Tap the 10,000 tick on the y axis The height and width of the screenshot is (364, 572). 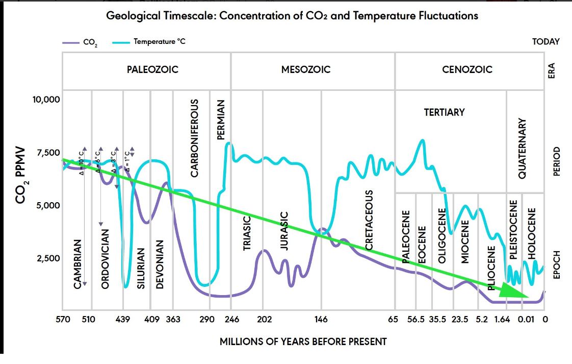coord(46,99)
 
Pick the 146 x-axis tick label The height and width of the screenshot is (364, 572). coord(321,320)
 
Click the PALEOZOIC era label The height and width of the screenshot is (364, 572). coord(152,69)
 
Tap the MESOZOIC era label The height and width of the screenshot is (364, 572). coord(306,69)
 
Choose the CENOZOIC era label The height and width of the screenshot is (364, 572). coord(467,69)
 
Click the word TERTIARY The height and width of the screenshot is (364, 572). coord(445,112)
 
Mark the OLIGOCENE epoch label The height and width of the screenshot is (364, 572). coord(443,235)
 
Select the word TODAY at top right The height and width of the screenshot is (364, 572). coord(545,42)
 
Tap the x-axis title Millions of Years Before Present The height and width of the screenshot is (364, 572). coord(303,341)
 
